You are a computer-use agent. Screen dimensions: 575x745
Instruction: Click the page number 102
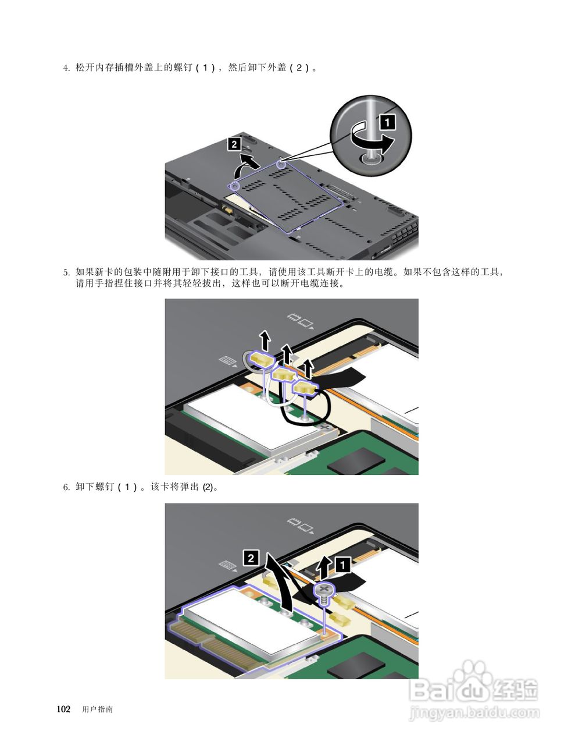click(x=64, y=709)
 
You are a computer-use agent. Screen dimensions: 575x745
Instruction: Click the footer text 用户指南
click(x=97, y=709)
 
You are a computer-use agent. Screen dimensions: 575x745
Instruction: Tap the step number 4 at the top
click(x=66, y=68)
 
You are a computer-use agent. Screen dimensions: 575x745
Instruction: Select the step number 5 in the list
click(x=66, y=272)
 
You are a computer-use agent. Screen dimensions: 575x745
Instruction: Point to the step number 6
click(x=66, y=487)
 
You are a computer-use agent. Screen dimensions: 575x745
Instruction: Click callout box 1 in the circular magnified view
click(x=387, y=122)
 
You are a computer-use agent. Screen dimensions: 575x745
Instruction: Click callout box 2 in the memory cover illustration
click(x=234, y=144)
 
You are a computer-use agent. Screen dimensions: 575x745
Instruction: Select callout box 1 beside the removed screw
click(x=342, y=565)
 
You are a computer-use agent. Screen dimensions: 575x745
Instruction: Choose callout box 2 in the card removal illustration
click(x=251, y=558)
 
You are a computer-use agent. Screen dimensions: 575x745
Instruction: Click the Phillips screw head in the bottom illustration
click(x=323, y=590)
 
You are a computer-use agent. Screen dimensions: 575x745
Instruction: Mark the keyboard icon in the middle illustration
click(x=227, y=361)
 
